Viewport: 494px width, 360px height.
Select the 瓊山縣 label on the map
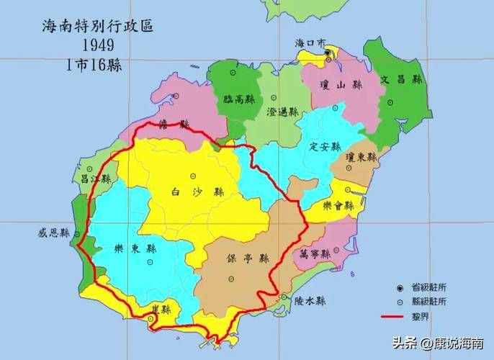(340, 85)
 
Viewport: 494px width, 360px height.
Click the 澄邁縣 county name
(282, 112)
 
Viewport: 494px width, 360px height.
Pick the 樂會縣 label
(338, 205)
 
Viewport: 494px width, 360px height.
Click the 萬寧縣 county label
(315, 253)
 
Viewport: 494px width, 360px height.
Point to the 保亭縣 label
(247, 258)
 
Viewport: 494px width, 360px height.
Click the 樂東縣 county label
(135, 248)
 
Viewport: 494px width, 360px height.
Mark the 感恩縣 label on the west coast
(54, 233)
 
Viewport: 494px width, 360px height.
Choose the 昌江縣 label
(94, 179)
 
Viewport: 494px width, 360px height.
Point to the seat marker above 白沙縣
(192, 176)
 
